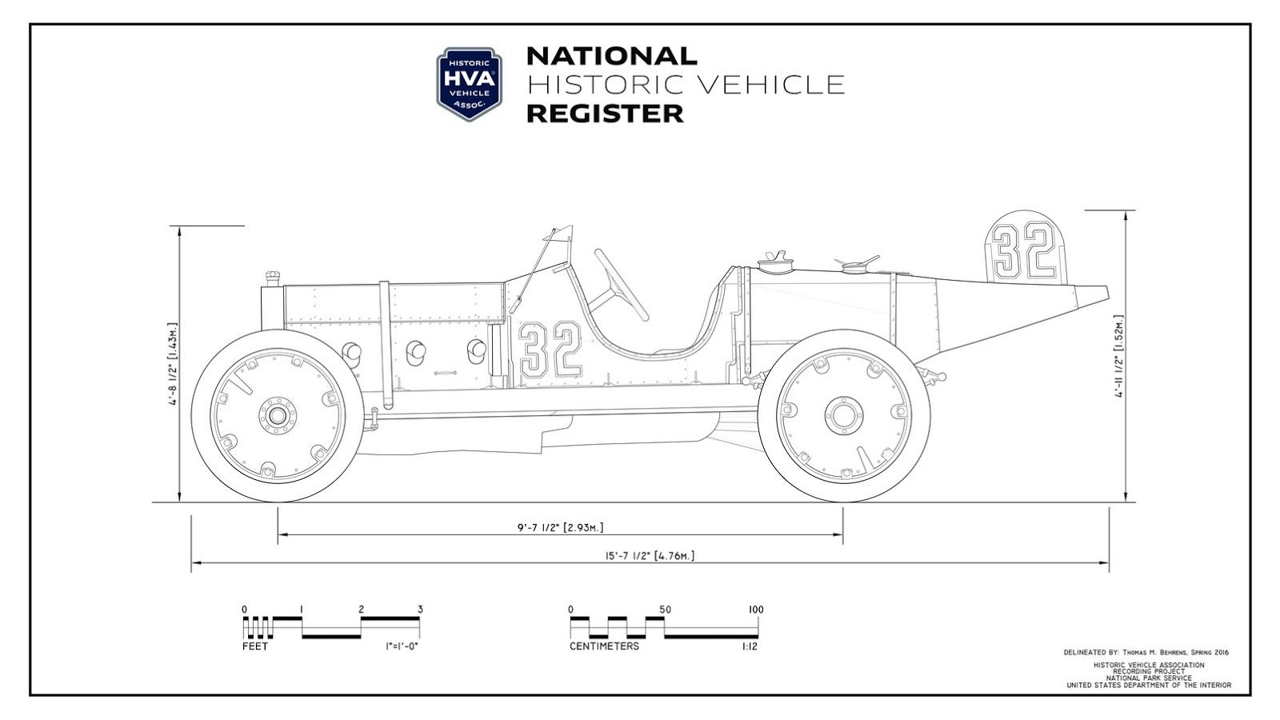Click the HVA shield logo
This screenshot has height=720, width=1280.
coord(469,84)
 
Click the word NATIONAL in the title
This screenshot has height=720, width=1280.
coord(611,56)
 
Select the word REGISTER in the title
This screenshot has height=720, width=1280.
coord(605,114)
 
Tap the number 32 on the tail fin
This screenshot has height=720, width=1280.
coord(1025,251)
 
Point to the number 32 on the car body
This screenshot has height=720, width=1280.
coord(550,350)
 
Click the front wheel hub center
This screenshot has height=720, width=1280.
coord(277,416)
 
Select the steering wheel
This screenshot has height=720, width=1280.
coord(621,285)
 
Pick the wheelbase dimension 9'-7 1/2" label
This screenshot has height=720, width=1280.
coord(560,527)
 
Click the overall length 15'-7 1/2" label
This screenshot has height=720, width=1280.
coord(650,556)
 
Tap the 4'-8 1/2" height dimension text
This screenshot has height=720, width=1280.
coord(173,364)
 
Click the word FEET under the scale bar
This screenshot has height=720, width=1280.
coord(255,646)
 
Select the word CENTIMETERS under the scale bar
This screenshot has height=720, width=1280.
coord(604,646)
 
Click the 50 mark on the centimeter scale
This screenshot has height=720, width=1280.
coord(665,610)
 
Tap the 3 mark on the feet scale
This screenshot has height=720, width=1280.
coord(420,610)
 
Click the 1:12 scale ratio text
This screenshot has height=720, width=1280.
coord(749,646)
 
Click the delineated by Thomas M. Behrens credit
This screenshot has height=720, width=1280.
coord(1146,652)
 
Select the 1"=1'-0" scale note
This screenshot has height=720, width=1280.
coord(402,646)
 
